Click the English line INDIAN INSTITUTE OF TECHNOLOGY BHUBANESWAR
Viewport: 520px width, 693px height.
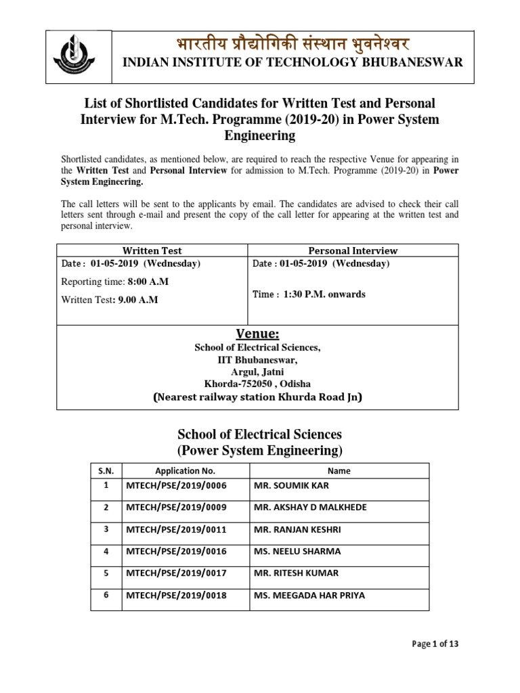pos(292,62)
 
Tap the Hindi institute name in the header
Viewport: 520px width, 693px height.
pos(291,42)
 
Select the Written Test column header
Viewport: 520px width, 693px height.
pos(152,250)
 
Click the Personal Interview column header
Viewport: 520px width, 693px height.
pos(353,250)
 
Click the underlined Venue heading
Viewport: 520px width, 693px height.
pos(257,334)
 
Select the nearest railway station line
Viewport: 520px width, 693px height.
pos(257,397)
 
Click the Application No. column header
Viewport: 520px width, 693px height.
pos(185,470)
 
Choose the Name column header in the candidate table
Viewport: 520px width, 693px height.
pos(339,470)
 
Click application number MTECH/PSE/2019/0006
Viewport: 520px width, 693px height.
pos(175,485)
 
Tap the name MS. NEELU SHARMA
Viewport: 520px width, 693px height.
pos(297,551)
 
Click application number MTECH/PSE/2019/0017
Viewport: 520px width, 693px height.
pos(175,573)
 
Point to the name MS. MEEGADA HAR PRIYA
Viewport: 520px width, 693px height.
pos(309,596)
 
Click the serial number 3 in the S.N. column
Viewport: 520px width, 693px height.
pos(105,529)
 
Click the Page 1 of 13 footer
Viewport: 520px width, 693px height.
pos(435,644)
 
